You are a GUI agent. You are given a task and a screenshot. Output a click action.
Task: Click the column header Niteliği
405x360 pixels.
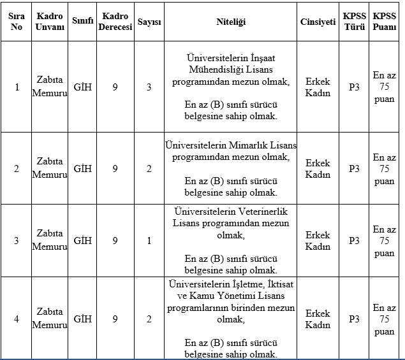pos(230,22)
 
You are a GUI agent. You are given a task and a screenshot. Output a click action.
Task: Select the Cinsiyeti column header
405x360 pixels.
pos(318,22)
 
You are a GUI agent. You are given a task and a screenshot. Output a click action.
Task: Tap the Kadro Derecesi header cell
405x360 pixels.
pos(115,22)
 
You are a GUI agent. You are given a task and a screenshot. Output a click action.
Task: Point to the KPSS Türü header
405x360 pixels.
pos(354,22)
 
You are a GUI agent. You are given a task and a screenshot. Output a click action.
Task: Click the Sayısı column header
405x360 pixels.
pos(149,22)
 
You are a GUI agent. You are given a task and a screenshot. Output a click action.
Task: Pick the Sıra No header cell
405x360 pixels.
pos(17,22)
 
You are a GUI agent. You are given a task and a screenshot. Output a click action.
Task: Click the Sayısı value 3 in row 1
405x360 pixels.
pos(149,87)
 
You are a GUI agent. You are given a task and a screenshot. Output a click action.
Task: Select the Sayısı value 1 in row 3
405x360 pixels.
pos(149,241)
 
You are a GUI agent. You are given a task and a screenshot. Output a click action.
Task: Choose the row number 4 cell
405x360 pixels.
pos(17,319)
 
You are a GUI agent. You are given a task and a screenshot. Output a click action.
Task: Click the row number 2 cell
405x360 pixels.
pos(17,169)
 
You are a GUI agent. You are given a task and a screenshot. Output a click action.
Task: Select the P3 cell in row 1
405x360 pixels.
pos(354,87)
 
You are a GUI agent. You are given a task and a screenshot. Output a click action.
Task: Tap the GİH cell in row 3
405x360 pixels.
pos(83,241)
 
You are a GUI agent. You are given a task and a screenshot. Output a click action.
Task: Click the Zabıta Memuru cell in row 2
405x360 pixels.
pos(50,169)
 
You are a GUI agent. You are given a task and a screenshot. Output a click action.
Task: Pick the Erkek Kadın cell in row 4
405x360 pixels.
pos(318,319)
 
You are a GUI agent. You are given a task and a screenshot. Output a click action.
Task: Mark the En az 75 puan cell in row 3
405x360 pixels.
pos(384,241)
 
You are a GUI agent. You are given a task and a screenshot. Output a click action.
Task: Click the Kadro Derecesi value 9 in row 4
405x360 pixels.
pos(115,319)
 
